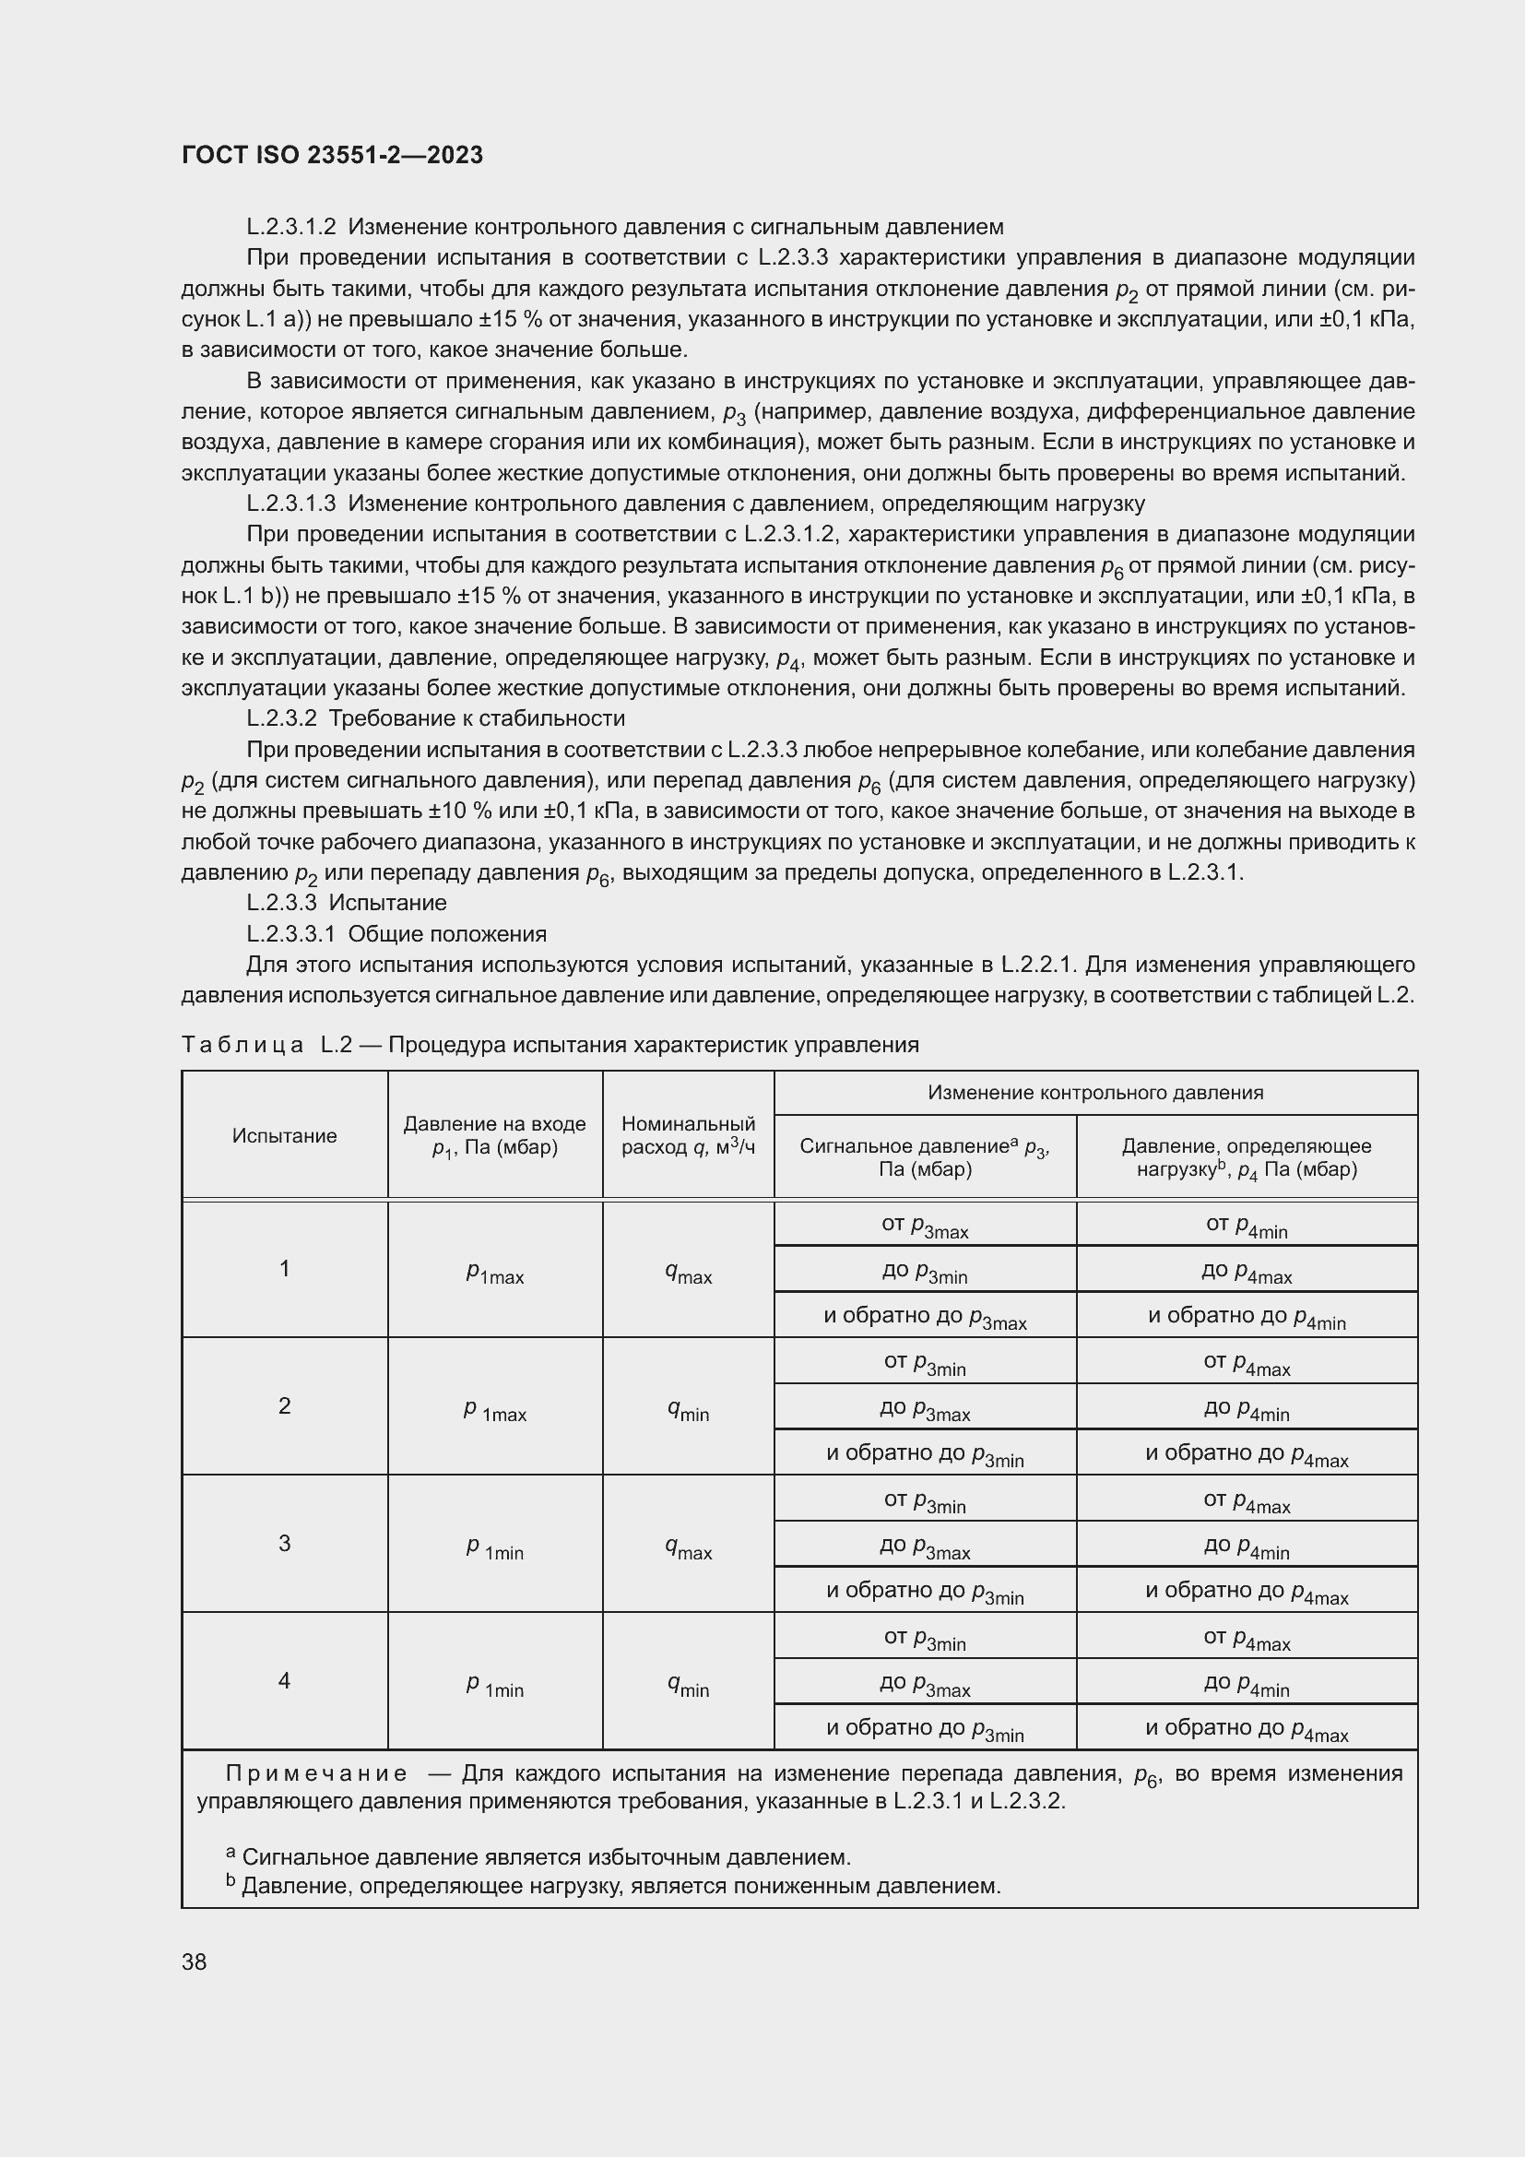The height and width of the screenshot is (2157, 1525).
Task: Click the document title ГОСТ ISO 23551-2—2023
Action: tap(332, 155)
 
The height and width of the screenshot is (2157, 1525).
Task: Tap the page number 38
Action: tap(195, 1961)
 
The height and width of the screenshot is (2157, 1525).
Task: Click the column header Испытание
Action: tap(285, 1136)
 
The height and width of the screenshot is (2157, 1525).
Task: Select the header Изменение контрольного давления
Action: tap(1095, 1093)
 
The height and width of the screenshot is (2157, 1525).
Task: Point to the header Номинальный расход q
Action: tap(688, 1136)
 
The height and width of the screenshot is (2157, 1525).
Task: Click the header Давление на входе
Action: tap(494, 1136)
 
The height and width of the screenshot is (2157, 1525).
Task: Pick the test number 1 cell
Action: tap(285, 1268)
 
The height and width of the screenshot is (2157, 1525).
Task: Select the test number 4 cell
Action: tap(285, 1679)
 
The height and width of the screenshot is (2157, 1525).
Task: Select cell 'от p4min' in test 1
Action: tap(1247, 1225)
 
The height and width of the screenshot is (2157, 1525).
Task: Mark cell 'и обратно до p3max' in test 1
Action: tap(925, 1316)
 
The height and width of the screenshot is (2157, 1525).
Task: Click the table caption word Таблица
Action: tap(242, 1045)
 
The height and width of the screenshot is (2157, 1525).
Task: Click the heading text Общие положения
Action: tap(447, 934)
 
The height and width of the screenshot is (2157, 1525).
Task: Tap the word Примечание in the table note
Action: tap(316, 1773)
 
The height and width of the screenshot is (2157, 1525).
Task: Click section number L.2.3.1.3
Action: tap(291, 504)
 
